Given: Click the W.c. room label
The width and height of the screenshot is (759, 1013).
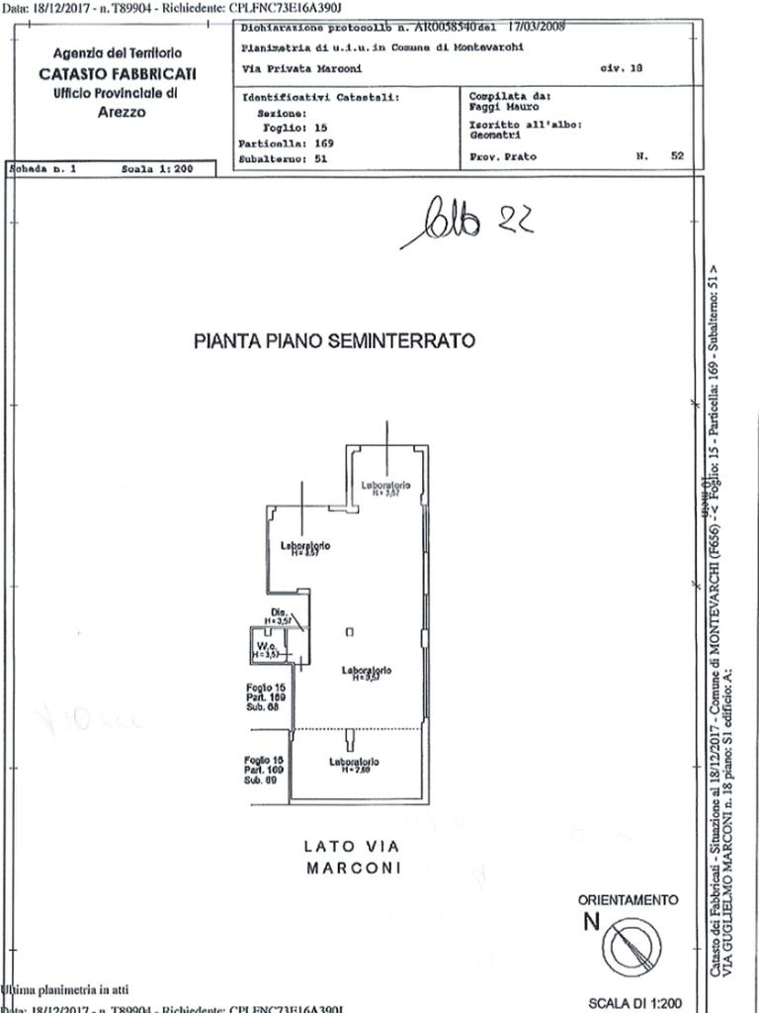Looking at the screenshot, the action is coord(263,644).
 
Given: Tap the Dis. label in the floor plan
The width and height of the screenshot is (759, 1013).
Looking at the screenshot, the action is coord(279,613).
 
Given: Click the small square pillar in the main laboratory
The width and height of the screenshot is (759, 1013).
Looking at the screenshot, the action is coord(348,632).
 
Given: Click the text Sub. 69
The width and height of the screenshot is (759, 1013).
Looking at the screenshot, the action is coord(259,781).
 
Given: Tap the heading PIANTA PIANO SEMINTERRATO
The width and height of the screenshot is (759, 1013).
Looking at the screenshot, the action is coord(334,341).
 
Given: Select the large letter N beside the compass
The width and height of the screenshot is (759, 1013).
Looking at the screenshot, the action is coord(591,922).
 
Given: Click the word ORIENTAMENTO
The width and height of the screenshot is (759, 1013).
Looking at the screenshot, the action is coord(629,900).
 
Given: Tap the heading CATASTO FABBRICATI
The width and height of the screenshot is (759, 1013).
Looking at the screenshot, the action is coord(118,73).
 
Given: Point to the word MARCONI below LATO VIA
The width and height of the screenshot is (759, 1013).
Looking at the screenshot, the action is coord(353,869).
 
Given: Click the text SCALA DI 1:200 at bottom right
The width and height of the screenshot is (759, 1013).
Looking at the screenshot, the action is coord(634,1003).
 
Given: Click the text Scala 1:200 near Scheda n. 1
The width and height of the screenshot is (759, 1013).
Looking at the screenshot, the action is coord(155,169).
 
